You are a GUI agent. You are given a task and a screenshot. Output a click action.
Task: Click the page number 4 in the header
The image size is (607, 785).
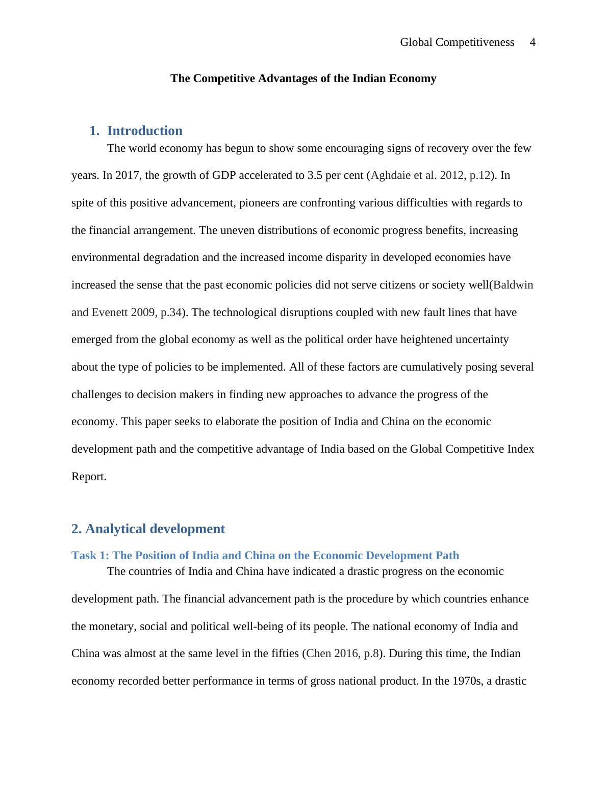[x=533, y=42]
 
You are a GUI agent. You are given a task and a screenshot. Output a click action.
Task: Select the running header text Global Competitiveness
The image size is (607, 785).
[x=457, y=42]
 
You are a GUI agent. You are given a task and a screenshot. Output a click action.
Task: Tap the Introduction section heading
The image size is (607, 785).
[x=144, y=131]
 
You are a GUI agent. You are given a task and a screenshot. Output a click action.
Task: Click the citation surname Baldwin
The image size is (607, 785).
[x=513, y=285]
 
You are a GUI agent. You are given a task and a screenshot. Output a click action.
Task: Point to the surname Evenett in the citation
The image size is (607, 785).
[x=110, y=312]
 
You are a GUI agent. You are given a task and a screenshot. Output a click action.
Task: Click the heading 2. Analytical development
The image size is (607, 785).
[x=148, y=529]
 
